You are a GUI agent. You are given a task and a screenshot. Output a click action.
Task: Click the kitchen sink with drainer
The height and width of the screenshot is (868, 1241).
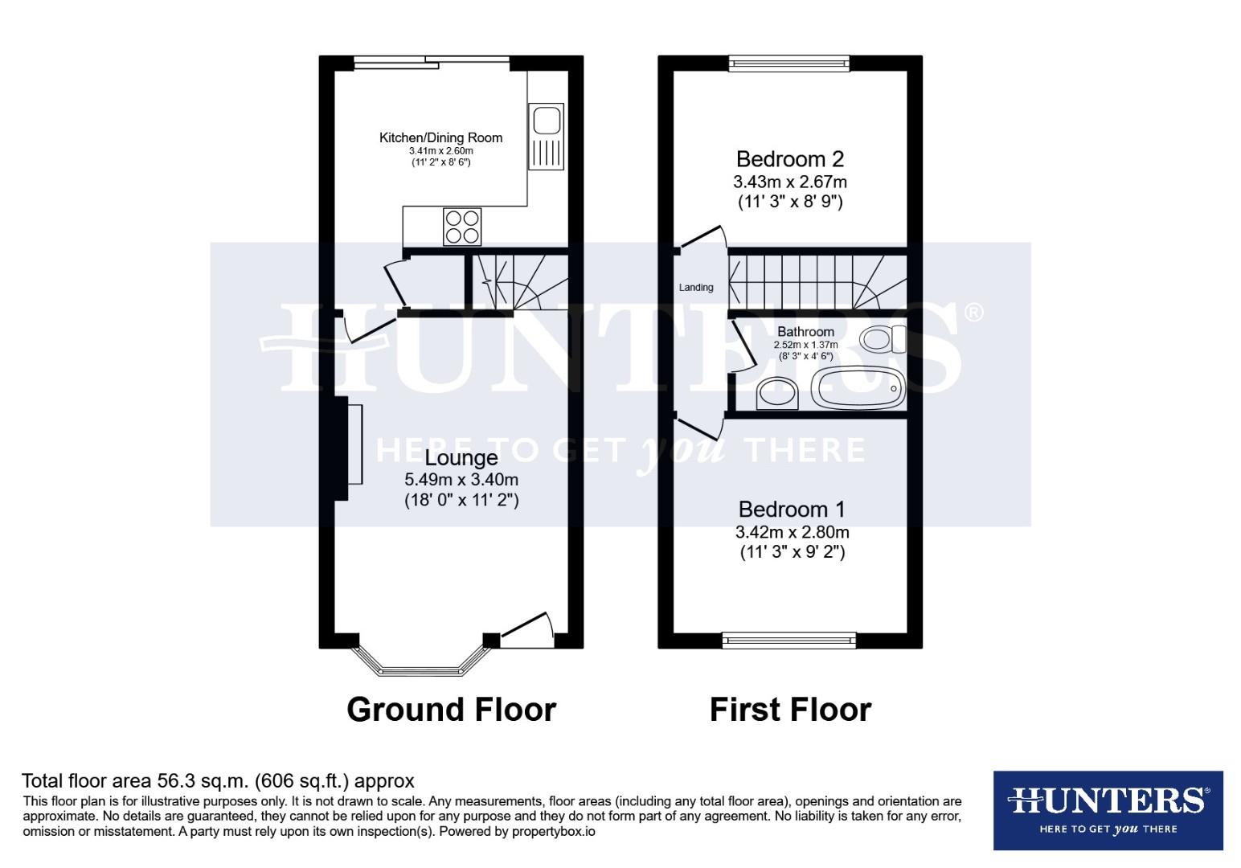point(546,137)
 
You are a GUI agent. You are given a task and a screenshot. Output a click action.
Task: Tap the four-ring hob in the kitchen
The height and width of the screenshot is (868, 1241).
point(462,227)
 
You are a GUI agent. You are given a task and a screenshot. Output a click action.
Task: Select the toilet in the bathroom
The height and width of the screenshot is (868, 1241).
point(883,339)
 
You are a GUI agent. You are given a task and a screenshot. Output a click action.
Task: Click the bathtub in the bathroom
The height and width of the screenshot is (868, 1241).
point(858,387)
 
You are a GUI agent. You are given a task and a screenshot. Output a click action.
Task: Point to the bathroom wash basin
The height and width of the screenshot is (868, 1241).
point(776,393)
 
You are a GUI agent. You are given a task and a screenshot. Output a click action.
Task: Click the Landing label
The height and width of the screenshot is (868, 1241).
point(696,288)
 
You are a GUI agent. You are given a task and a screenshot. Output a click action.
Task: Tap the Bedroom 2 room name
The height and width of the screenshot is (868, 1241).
point(790,159)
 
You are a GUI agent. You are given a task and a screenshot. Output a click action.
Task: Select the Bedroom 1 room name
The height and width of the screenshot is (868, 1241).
point(792,509)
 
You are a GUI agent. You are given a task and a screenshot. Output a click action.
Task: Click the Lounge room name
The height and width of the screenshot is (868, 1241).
point(461,457)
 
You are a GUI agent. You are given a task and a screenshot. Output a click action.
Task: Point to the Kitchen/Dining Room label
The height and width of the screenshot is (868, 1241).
point(441,137)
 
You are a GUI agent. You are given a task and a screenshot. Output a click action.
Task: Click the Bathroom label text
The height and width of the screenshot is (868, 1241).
point(805,332)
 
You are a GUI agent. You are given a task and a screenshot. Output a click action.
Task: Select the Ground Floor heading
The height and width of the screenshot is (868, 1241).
point(452,710)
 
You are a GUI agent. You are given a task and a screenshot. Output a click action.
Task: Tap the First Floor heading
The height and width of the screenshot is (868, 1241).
point(791,710)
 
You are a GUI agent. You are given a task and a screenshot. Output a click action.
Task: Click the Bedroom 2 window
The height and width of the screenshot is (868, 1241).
point(789,63)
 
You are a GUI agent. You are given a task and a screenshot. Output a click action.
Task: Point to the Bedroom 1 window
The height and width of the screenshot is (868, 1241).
point(789,641)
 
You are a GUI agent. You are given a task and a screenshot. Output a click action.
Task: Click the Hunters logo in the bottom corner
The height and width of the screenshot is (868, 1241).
point(1108,810)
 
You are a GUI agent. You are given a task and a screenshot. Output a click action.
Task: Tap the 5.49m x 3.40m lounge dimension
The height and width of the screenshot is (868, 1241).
point(461,479)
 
